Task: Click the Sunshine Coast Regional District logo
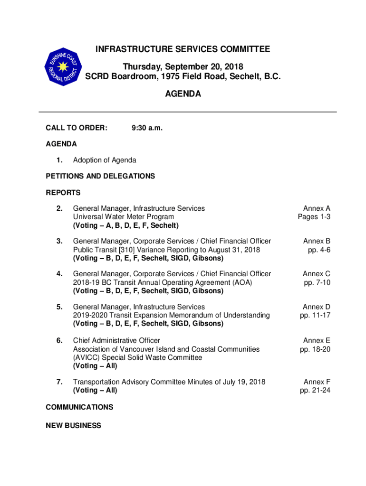[64, 67]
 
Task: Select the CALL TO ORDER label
[77, 128]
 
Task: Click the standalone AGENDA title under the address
[183, 94]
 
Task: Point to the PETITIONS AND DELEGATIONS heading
[100, 176]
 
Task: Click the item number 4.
[59, 274]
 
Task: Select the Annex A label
[317, 208]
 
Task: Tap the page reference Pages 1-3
[314, 217]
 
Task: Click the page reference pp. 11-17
[315, 315]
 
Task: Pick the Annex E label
[317, 340]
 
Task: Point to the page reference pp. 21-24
[315, 390]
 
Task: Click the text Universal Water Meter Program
[124, 217]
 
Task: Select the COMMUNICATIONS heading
[79, 407]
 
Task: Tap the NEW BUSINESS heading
[73, 426]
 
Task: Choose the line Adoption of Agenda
[105, 160]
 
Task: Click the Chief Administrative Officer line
[116, 340]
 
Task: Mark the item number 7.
[59, 382]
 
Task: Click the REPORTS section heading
[63, 193]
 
